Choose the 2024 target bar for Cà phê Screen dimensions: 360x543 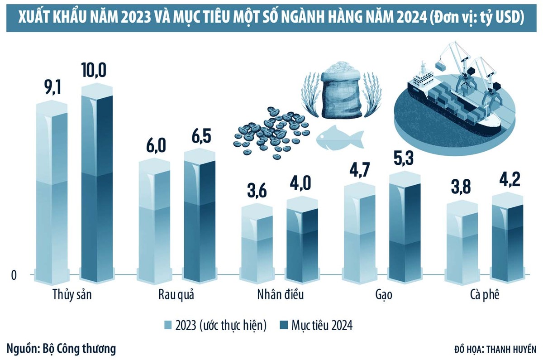[507, 238]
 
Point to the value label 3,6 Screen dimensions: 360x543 [257, 190]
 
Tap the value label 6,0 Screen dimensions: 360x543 [155, 146]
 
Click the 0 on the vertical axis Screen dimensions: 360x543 [14, 275]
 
